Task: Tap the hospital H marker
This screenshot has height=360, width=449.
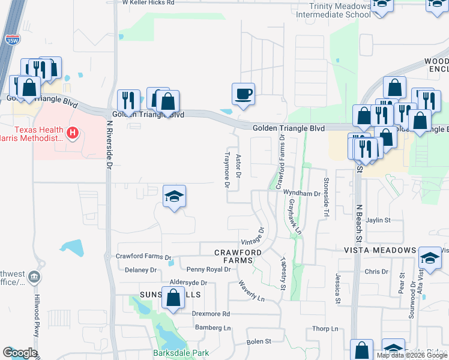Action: [73, 132]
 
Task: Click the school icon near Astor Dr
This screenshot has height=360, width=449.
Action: [174, 196]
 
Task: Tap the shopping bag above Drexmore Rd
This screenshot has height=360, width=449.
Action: [173, 298]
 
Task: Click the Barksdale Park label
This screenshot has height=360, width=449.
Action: [181, 353]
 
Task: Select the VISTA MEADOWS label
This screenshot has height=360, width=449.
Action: [381, 250]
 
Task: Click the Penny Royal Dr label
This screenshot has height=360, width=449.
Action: [208, 269]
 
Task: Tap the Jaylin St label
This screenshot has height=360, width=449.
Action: [379, 220]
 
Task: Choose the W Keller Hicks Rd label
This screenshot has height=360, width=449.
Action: [148, 3]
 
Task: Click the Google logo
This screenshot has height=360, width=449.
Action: [20, 353]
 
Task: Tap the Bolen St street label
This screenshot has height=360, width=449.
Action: [259, 341]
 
